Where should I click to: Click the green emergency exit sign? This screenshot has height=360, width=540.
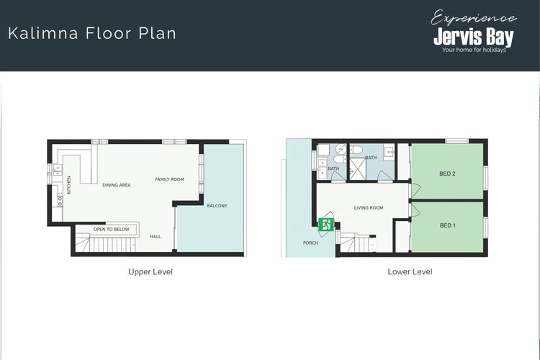325,225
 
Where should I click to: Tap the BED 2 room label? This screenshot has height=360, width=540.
447,174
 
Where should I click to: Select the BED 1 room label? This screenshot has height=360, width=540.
448,225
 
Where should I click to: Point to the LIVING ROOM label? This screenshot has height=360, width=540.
369,208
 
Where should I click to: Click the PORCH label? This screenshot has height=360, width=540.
310,243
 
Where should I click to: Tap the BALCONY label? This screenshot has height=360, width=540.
217,206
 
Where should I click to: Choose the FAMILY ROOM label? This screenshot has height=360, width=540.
169,179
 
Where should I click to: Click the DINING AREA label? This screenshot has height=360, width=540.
117,185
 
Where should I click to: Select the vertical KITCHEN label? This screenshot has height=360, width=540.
69,185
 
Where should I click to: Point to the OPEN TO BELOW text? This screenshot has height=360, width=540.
111,229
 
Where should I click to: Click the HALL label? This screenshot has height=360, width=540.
156,236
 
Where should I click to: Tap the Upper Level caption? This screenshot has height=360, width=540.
150,271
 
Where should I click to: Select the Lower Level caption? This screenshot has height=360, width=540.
410,271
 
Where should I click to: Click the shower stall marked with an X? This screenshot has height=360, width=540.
357,168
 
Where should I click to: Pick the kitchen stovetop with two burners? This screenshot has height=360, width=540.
60,201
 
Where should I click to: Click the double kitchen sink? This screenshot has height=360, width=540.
58,170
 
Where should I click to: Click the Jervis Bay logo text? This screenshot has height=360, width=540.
474,37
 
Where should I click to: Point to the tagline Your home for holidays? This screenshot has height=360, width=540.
474,50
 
